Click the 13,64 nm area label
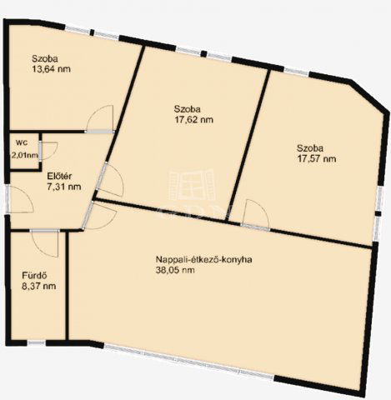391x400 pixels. [50, 69]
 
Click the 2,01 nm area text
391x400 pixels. [23, 155]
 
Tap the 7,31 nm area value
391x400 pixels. [63, 187]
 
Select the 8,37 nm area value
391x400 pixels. [38, 287]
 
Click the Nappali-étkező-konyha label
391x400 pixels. [203, 259]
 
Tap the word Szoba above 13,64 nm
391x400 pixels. [46, 58]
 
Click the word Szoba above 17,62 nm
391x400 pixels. [188, 108]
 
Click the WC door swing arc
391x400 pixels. [48, 150]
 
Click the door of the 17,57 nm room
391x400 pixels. [254, 215]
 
